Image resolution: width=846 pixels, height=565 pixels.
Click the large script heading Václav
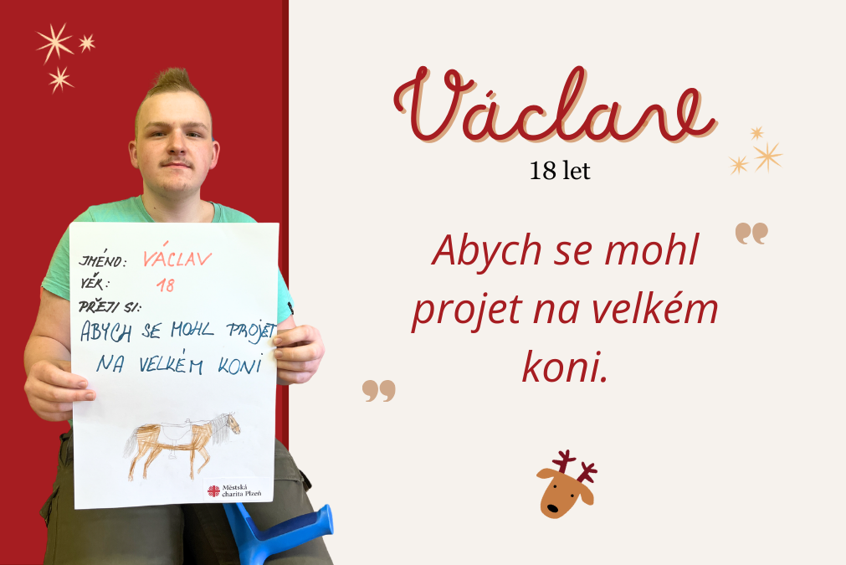[x=555, y=105]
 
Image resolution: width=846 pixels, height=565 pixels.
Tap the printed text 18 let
[x=560, y=171]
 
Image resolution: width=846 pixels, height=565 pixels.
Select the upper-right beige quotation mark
[x=751, y=234]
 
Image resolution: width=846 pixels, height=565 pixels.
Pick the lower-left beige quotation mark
[x=379, y=391]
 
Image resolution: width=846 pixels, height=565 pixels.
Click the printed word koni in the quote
[x=565, y=367]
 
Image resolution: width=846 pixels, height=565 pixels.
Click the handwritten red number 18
[x=166, y=285]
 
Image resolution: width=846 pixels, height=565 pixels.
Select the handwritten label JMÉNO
[x=103, y=260]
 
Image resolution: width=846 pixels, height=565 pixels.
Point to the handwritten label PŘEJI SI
[x=110, y=307]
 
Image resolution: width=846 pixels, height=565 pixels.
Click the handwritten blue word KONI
[x=240, y=365]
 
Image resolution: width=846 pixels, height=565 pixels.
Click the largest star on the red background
[x=54, y=43]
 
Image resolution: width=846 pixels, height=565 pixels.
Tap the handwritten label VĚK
[x=95, y=282]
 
